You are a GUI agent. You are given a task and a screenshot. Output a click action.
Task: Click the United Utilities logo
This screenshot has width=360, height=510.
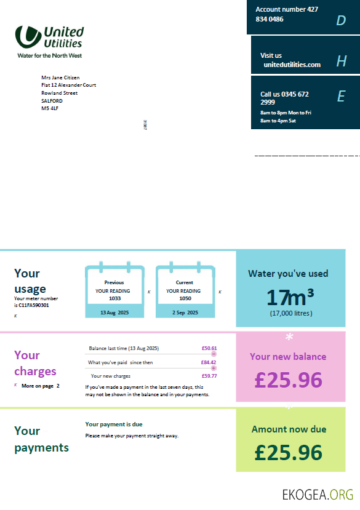click(49, 41)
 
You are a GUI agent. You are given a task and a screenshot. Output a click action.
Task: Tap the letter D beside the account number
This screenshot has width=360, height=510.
click(341, 21)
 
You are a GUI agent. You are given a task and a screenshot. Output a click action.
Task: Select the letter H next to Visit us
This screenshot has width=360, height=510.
click(342, 61)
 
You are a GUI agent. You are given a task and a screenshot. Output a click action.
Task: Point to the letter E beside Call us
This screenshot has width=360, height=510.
click(341, 96)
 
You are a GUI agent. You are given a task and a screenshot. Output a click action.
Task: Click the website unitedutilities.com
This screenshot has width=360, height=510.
click(292, 65)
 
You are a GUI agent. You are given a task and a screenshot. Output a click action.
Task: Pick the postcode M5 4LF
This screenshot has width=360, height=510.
click(50, 108)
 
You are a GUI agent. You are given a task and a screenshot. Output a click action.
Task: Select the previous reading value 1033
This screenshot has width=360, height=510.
click(114, 298)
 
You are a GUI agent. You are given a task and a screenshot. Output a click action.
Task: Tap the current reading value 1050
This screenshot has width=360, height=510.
click(185, 298)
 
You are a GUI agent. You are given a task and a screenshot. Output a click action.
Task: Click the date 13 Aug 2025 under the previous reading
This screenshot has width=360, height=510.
click(114, 313)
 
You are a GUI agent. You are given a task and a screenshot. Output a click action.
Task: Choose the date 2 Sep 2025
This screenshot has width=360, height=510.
click(185, 313)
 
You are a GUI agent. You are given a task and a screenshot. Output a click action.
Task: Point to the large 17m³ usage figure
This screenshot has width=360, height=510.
click(290, 298)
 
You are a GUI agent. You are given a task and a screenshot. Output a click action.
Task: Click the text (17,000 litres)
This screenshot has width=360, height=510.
click(290, 313)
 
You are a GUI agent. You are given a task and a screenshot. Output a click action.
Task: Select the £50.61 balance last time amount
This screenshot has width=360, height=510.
click(209, 348)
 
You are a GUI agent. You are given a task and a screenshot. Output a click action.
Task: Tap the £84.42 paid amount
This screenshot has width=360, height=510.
click(209, 362)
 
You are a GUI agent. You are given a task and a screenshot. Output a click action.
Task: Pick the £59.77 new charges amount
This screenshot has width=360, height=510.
click(209, 376)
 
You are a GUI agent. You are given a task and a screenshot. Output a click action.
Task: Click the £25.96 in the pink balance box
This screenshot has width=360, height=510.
click(288, 380)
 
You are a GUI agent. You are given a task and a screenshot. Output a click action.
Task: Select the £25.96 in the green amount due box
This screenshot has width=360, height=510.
click(288, 452)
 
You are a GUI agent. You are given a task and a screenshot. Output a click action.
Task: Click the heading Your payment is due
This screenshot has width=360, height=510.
click(114, 424)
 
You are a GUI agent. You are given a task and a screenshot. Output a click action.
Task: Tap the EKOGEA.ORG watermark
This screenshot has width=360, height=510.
click(318, 494)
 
